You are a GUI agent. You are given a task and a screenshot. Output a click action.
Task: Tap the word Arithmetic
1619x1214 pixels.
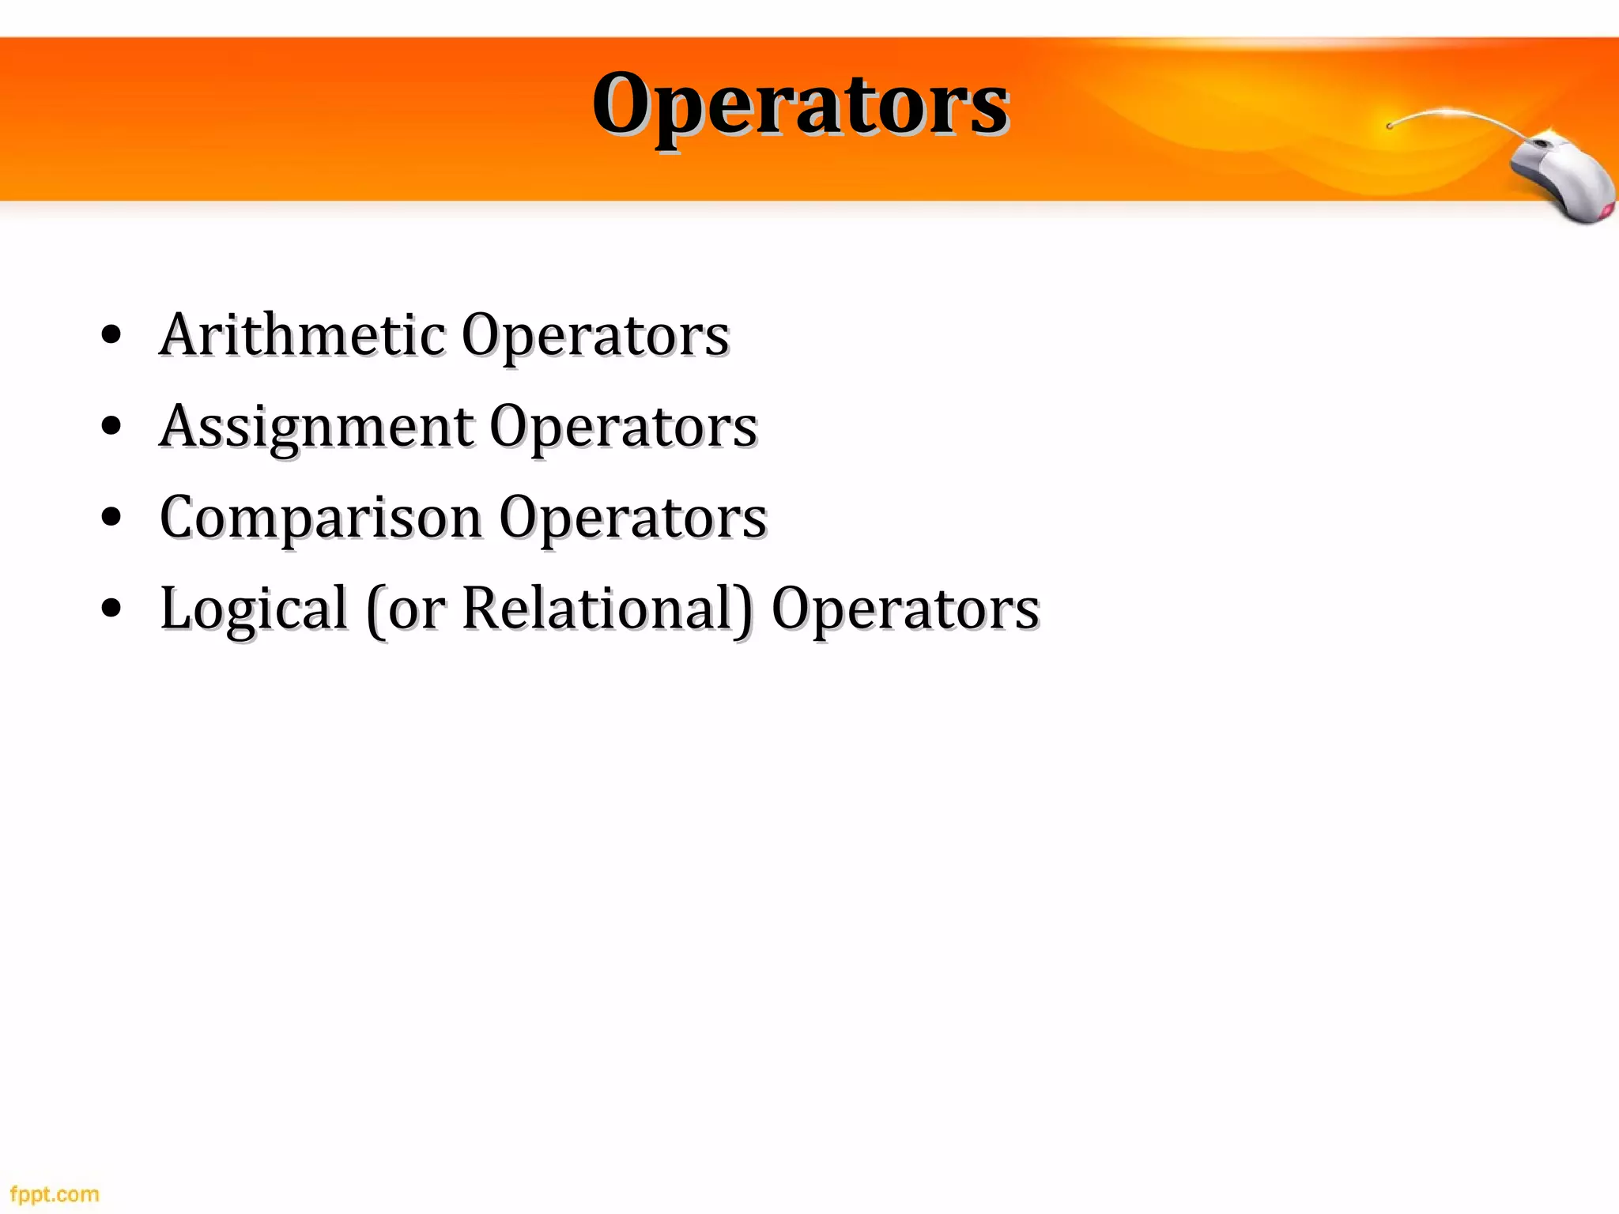[303, 335]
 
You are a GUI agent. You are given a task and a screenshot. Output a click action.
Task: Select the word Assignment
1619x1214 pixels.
[316, 427]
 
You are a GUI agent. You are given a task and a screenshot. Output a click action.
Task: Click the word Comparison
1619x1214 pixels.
[321, 518]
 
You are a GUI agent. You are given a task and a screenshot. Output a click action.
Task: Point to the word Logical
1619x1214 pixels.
[254, 609]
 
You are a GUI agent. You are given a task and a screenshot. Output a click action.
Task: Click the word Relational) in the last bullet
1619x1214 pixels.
[607, 609]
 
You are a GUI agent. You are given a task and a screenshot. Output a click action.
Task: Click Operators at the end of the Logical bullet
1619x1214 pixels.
[905, 610]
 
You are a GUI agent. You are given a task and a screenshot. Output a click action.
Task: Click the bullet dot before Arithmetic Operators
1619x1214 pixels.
[111, 336]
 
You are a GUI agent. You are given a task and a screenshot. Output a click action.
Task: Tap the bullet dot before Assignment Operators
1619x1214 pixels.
[111, 427]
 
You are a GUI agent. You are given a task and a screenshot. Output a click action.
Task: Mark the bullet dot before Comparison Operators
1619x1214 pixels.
[111, 518]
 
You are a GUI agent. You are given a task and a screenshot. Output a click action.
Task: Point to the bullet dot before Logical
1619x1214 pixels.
[111, 609]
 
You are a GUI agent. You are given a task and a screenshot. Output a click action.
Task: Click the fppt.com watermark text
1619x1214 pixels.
[55, 1194]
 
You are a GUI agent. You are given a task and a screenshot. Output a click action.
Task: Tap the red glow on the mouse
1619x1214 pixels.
[1605, 210]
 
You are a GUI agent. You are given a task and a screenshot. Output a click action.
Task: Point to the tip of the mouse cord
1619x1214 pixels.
[1390, 126]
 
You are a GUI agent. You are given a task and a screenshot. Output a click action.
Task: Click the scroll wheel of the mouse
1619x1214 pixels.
[1542, 144]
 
